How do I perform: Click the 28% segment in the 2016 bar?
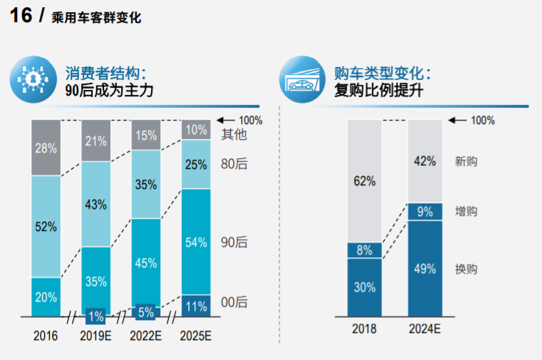46,148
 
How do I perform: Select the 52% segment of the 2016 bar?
46,227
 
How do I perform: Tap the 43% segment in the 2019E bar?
96,204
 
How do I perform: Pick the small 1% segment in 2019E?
96,314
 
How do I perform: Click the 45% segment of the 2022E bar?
146,262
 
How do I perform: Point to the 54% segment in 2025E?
196,242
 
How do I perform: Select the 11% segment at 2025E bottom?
196,306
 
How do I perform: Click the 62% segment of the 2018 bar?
364,181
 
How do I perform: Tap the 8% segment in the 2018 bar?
364,250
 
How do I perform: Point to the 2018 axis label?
364,329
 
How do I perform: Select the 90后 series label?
234,242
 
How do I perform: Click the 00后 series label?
234,303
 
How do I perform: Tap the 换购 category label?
466,269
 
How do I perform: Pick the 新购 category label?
466,162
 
